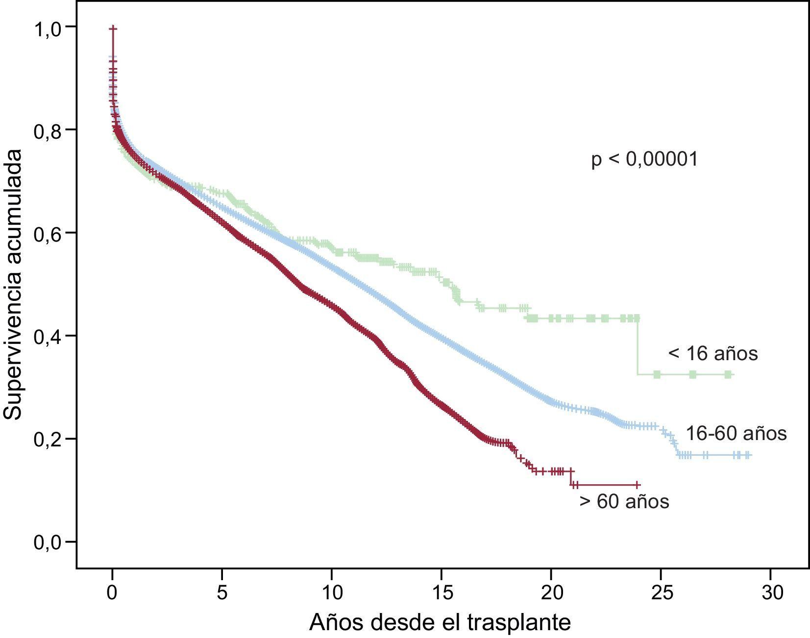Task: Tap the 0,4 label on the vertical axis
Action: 48,337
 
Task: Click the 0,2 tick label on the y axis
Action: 48,440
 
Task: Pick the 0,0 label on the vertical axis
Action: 48,543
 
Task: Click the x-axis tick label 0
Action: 112,593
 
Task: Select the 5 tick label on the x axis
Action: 222,593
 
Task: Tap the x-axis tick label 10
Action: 332,593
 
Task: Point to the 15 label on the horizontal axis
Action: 442,593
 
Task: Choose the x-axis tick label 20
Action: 551,593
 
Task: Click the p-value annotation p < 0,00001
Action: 644,160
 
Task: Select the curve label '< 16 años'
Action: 712,353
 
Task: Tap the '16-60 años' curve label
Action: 736,434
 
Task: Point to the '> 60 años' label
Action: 624,502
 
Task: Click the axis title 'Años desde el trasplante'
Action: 440,622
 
